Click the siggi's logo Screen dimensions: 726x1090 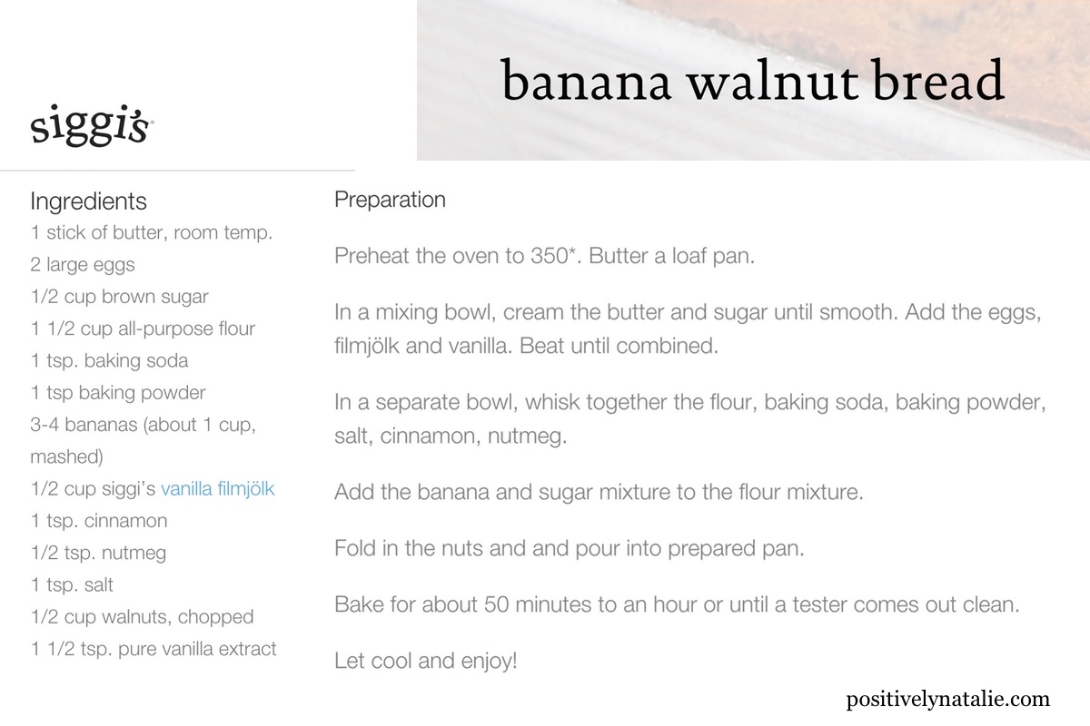coord(91,127)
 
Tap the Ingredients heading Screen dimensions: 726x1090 coord(88,201)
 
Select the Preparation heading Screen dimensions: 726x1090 coord(390,200)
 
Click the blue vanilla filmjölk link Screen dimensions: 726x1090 coord(217,489)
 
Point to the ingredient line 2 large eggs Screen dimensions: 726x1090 coord(83,265)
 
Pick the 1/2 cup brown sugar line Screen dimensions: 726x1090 coord(119,297)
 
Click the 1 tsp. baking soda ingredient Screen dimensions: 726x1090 coord(109,360)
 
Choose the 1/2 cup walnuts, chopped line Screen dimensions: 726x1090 coord(142,617)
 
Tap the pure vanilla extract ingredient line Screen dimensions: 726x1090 coord(153,649)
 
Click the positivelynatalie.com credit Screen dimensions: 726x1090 coord(947,699)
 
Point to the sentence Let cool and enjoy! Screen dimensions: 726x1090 coord(426,661)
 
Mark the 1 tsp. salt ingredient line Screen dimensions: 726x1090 coord(72,585)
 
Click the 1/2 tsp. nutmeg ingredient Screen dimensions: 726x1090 coord(98,553)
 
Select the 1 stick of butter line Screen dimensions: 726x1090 coord(151,232)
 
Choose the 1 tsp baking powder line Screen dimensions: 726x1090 coord(118,393)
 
